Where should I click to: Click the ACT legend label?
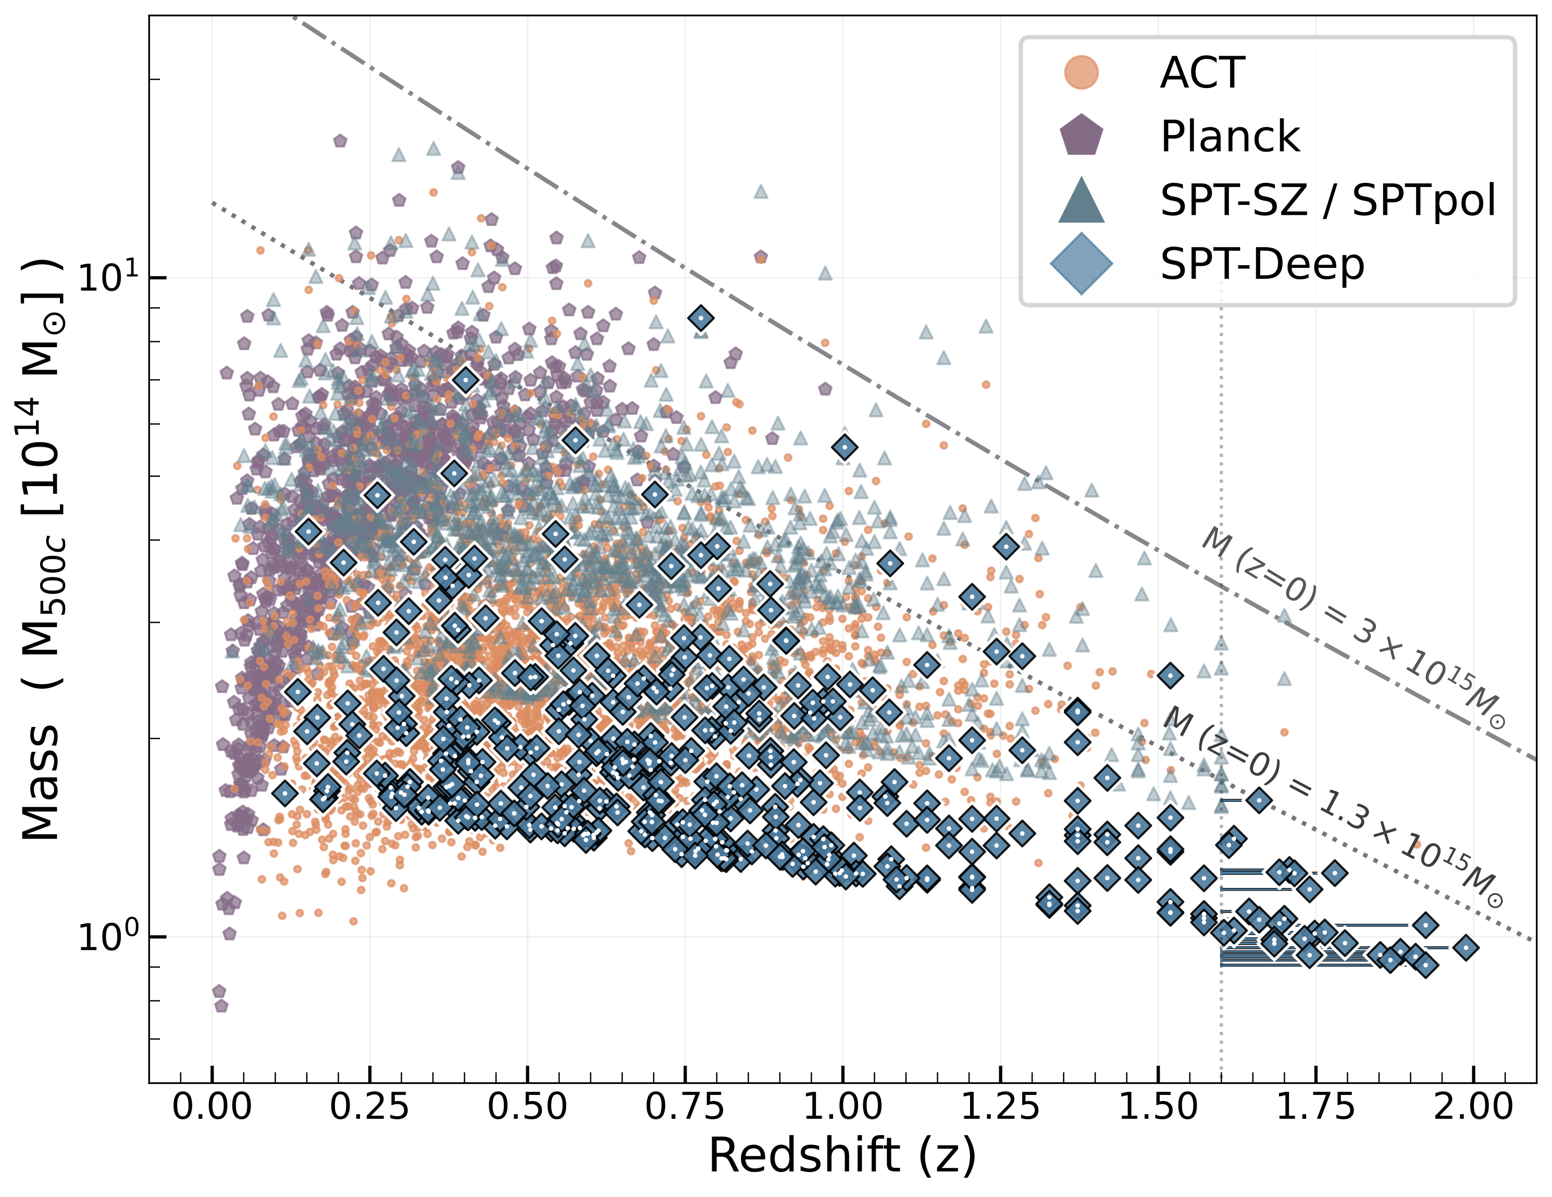(x=1202, y=72)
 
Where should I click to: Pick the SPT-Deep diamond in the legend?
(x=1081, y=264)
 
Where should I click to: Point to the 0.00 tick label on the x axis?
(x=212, y=1107)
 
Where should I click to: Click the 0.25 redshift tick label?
(x=369, y=1107)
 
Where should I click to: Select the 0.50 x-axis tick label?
(x=527, y=1107)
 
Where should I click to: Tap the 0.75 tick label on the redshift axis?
(x=685, y=1107)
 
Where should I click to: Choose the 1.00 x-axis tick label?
(x=843, y=1107)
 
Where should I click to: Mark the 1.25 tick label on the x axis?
(x=1001, y=1107)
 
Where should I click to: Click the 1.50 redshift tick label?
(x=1158, y=1107)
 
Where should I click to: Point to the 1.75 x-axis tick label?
(x=1316, y=1107)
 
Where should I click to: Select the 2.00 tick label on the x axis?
(x=1473, y=1107)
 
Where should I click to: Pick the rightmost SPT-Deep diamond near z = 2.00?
(x=1466, y=947)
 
